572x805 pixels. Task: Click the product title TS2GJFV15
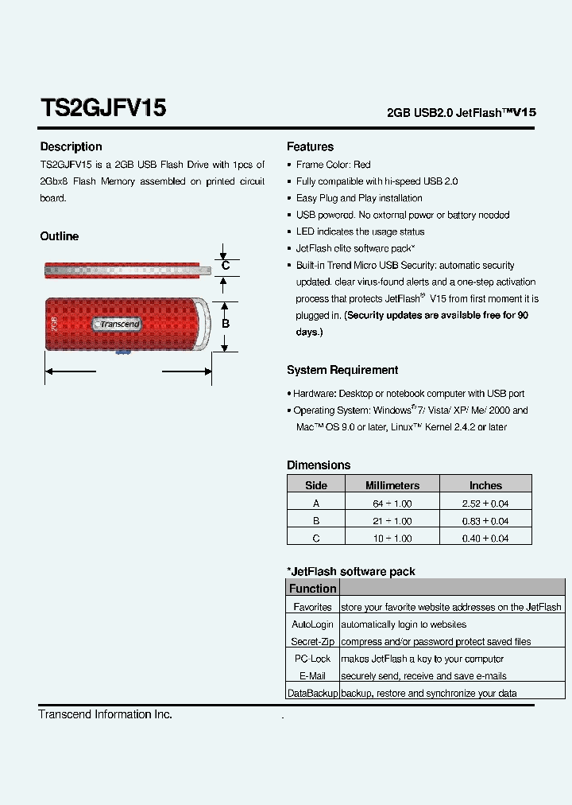(102, 108)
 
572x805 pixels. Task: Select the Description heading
(71, 146)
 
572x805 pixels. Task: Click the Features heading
(310, 146)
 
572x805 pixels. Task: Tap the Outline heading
(60, 236)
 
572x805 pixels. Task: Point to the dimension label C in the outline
(226, 266)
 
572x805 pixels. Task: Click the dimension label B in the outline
(226, 324)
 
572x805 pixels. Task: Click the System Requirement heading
(342, 370)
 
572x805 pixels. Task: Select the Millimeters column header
(392, 485)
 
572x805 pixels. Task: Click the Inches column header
(485, 485)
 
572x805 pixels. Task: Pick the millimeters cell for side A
(392, 504)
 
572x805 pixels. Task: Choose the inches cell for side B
(485, 521)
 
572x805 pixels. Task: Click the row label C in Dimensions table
(316, 539)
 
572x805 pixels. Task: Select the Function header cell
(312, 589)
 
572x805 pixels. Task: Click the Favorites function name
(312, 607)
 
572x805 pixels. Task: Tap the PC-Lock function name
(312, 659)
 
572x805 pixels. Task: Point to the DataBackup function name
(312, 694)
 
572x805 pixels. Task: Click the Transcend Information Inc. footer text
(105, 714)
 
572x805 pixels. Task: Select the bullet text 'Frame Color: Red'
(333, 165)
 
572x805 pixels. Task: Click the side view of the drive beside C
(127, 270)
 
